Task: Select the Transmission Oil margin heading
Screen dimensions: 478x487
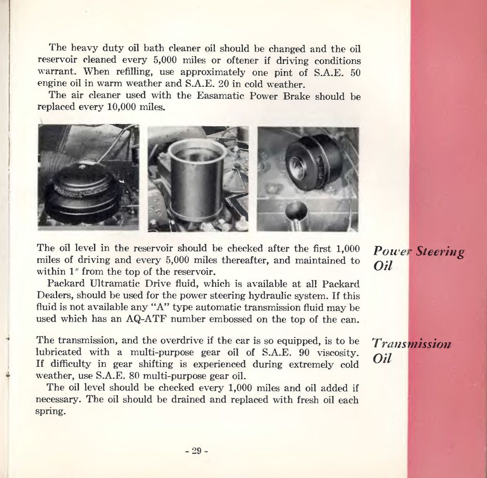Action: (411, 351)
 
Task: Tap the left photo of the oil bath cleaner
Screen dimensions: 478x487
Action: (88, 177)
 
